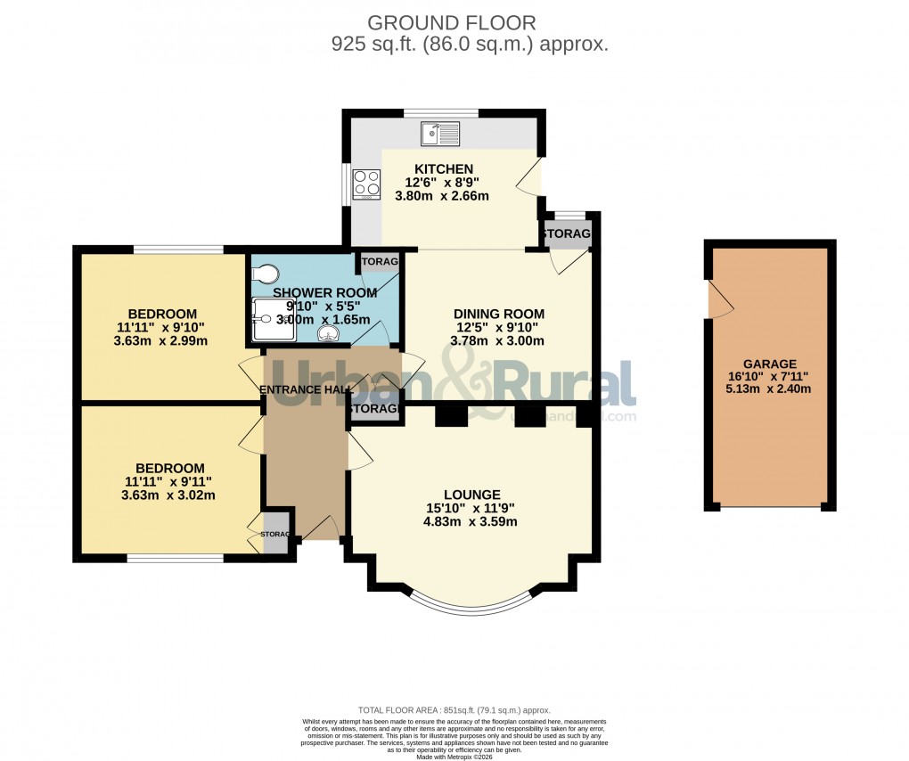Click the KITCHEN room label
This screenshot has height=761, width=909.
[443, 169]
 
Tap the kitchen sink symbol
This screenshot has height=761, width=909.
[440, 135]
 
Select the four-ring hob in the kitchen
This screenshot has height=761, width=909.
[366, 184]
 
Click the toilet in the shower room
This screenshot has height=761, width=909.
[266, 274]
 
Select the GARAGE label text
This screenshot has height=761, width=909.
[769, 364]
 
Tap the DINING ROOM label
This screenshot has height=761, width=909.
[498, 314]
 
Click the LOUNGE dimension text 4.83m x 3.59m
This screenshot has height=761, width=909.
[470, 522]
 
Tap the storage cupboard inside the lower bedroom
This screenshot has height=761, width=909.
[275, 534]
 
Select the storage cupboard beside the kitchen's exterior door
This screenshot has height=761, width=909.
[568, 233]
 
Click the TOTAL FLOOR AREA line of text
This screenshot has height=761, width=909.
[454, 710]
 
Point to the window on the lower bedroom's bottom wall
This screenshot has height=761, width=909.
[175, 559]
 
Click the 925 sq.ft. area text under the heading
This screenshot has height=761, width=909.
[470, 44]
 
